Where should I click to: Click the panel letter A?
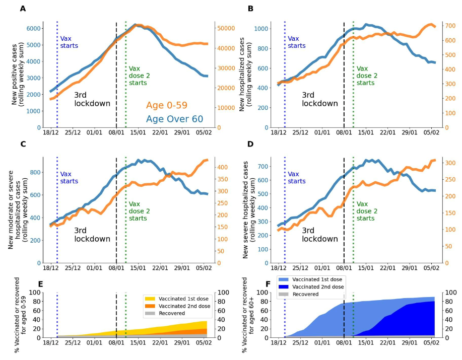pos(23,9)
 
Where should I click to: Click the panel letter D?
pos(250,144)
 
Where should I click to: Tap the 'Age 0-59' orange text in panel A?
pos(166,105)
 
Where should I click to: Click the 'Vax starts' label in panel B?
pos(296,42)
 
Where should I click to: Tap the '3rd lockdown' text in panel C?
pos(92,235)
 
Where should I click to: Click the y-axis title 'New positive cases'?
pos(15,78)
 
